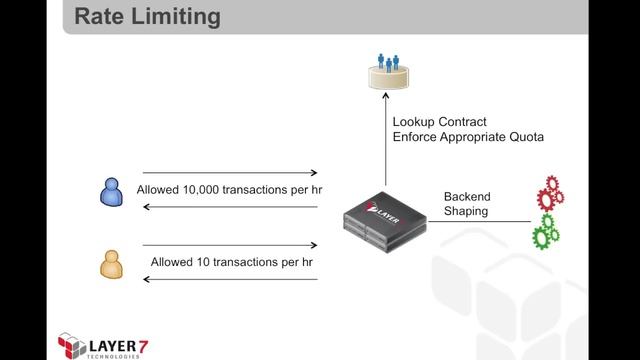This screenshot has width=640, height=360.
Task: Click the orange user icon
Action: click(x=108, y=262)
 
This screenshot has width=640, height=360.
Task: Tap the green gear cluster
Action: click(x=546, y=232)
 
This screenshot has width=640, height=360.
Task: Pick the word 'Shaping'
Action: click(x=466, y=211)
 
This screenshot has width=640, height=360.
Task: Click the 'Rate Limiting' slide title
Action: click(x=149, y=17)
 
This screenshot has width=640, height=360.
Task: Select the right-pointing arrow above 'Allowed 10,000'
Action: click(x=230, y=173)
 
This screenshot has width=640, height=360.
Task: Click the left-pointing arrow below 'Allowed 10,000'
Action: click(x=230, y=207)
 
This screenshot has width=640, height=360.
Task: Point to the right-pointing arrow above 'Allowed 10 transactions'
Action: click(x=230, y=244)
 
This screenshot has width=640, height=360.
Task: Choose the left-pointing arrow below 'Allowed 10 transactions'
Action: click(x=230, y=279)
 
